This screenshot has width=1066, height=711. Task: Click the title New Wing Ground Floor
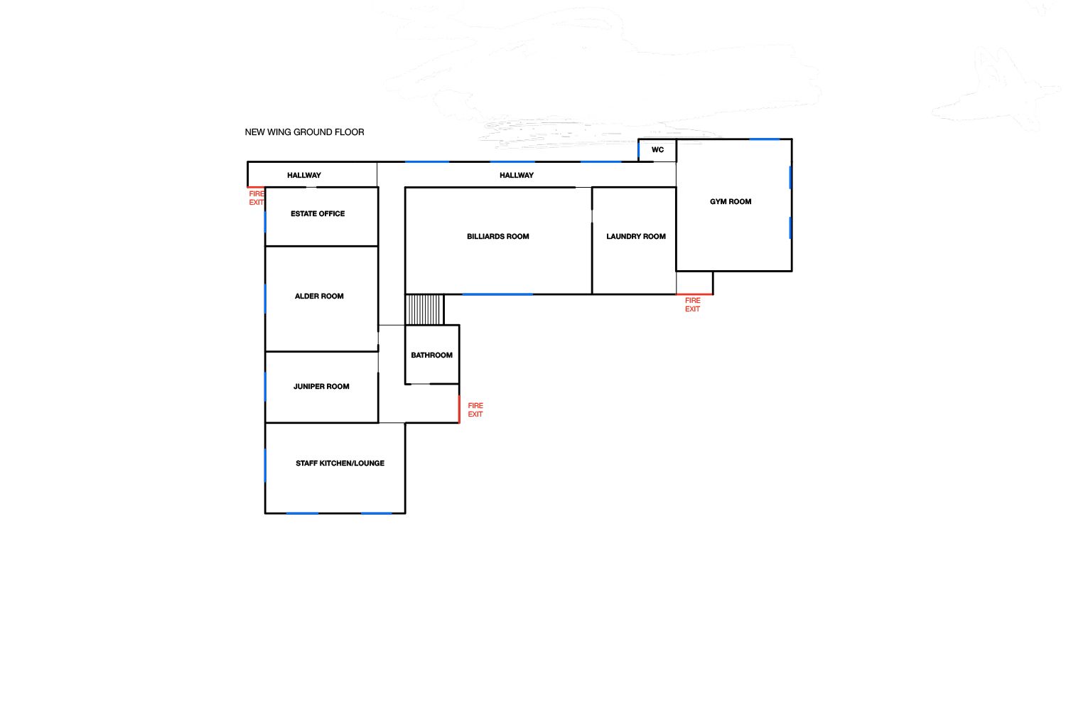(305, 132)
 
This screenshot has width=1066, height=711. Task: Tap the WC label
(657, 149)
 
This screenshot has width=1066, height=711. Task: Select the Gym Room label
(731, 201)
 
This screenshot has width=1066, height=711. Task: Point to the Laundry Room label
(636, 236)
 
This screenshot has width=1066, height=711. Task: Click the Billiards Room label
(497, 236)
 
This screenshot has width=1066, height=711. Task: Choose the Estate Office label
(318, 214)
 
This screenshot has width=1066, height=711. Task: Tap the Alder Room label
(319, 296)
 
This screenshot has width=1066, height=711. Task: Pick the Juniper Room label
(321, 386)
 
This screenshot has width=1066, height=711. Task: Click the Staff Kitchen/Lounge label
(340, 463)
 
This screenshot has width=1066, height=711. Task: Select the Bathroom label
(431, 355)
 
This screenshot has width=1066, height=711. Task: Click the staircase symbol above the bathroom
(424, 309)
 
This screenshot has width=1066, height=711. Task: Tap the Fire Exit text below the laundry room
(692, 305)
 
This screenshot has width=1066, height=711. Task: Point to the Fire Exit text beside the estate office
(256, 198)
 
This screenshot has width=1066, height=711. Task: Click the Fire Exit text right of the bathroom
(475, 410)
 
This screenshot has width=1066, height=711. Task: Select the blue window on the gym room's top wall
(765, 139)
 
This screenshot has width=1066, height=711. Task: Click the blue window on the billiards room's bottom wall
(497, 294)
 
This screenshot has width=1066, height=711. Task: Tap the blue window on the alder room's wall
(265, 299)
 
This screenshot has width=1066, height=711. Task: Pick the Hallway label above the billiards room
(517, 175)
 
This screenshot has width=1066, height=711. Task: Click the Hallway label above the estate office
(304, 175)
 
